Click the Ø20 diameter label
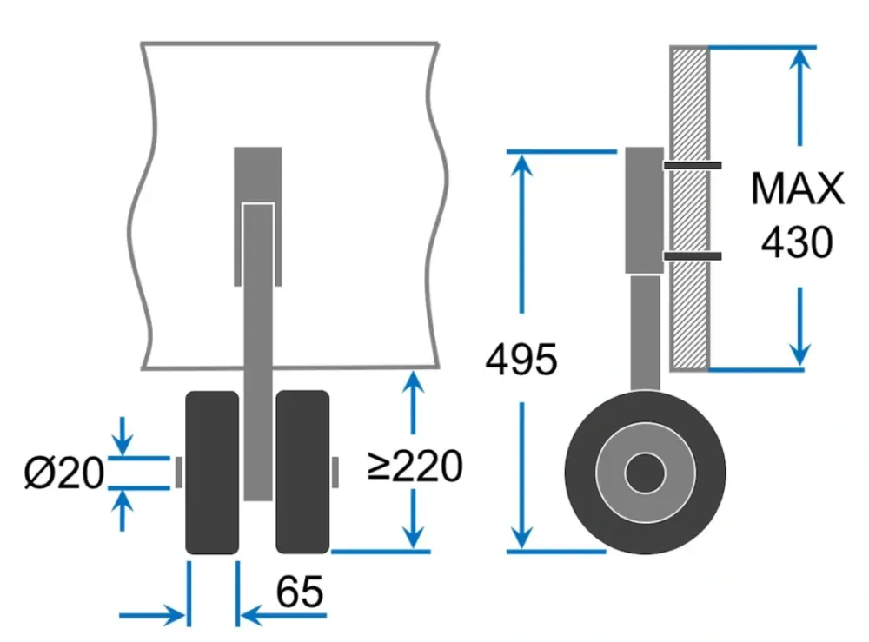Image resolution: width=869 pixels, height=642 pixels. click(63, 473)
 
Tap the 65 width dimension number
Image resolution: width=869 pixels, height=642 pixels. click(300, 592)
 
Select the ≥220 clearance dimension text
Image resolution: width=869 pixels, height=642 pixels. click(415, 466)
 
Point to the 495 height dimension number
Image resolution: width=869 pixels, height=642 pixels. click(521, 359)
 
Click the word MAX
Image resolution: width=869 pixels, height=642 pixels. click(798, 189)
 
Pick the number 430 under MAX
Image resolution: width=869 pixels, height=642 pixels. click(797, 242)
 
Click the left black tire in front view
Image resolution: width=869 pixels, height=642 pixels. click(212, 473)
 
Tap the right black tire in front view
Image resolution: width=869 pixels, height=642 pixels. click(302, 472)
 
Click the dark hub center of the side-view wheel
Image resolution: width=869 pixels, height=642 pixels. click(645, 473)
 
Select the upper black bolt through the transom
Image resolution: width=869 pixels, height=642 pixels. click(693, 165)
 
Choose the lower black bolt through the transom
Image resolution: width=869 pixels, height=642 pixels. click(693, 256)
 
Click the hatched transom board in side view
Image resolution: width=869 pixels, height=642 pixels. click(689, 208)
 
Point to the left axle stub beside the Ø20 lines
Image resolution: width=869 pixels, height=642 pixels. click(178, 473)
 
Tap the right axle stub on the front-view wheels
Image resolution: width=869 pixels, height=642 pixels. click(335, 473)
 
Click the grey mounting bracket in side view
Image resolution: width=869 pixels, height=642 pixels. click(645, 210)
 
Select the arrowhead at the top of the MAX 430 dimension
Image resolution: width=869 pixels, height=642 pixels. click(799, 59)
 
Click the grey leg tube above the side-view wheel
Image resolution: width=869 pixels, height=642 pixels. click(645, 333)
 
